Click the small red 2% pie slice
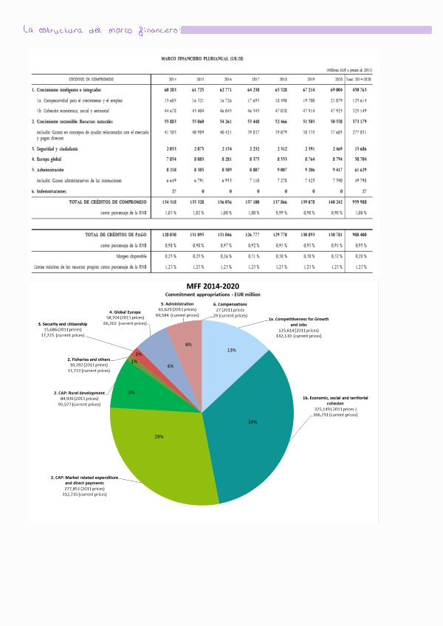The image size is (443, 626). [140, 354]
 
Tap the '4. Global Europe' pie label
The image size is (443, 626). [126, 312]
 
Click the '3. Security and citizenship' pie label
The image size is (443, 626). [63, 324]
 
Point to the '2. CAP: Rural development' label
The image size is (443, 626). [79, 393]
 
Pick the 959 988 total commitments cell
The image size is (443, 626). [360, 201]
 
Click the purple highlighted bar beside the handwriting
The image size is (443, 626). [306, 30]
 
